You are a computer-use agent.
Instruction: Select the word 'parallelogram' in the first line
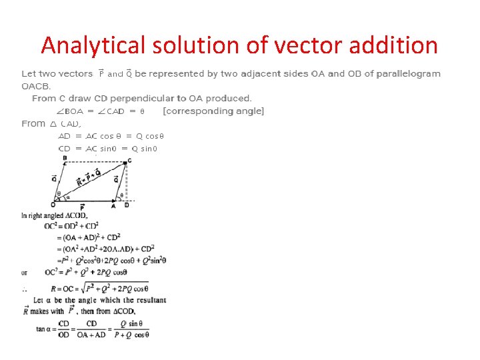[408, 73]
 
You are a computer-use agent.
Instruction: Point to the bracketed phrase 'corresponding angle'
[213, 111]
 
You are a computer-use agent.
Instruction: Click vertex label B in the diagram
[65, 158]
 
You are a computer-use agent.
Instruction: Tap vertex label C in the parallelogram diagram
[129, 161]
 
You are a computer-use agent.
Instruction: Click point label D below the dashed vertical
[127, 205]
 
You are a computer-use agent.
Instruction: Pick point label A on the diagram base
[113, 206]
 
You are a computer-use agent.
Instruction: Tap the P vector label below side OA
[82, 208]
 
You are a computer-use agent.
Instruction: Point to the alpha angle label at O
[67, 197]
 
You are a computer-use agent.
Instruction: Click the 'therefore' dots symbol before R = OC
[25, 289]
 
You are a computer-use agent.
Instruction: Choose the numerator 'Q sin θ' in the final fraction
[131, 324]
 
